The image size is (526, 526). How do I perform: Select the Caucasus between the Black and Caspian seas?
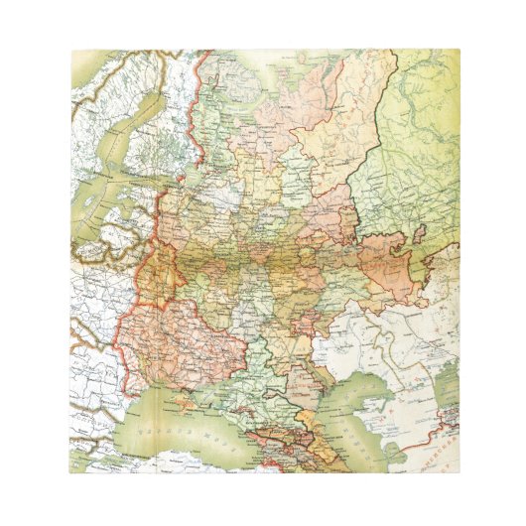tap(298, 442)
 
